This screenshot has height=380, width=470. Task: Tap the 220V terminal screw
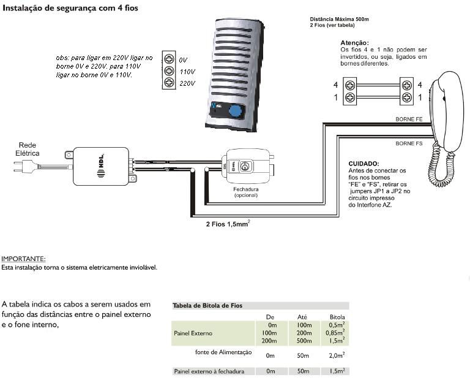170,83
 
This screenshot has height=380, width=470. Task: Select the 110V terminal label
187,71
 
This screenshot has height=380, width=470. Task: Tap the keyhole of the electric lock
245,166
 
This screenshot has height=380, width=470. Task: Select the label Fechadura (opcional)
246,192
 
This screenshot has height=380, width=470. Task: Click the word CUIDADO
364,164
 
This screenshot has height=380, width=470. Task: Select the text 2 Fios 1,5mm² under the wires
228,224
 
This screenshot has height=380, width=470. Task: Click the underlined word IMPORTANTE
23,259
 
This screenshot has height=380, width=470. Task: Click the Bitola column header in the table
337,316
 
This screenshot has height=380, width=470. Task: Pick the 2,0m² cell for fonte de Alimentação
335,355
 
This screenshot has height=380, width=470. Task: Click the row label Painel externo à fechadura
209,371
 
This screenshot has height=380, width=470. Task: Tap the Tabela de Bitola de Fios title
211,305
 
